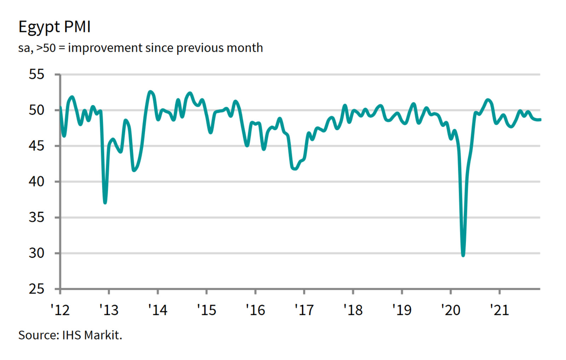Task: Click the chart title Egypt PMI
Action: (x=54, y=27)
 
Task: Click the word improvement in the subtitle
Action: (x=105, y=48)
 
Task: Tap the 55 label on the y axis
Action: (x=36, y=74)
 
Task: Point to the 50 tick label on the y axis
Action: (x=36, y=110)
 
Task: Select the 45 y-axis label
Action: (x=36, y=146)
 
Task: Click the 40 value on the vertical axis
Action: (x=36, y=181)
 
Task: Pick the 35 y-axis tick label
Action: (x=36, y=217)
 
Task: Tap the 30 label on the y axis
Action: (x=36, y=253)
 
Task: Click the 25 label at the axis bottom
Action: (x=36, y=289)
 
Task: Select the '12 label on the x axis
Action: (x=60, y=310)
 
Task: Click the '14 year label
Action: (x=158, y=310)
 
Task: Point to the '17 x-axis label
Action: (x=304, y=310)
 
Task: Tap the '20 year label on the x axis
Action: (x=451, y=310)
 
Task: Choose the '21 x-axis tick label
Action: (x=499, y=310)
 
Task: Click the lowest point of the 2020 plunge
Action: (x=463, y=255)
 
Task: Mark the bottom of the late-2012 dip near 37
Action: (x=105, y=202)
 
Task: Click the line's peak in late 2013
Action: (x=151, y=92)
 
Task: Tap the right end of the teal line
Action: (x=540, y=120)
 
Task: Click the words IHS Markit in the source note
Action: (x=92, y=335)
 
